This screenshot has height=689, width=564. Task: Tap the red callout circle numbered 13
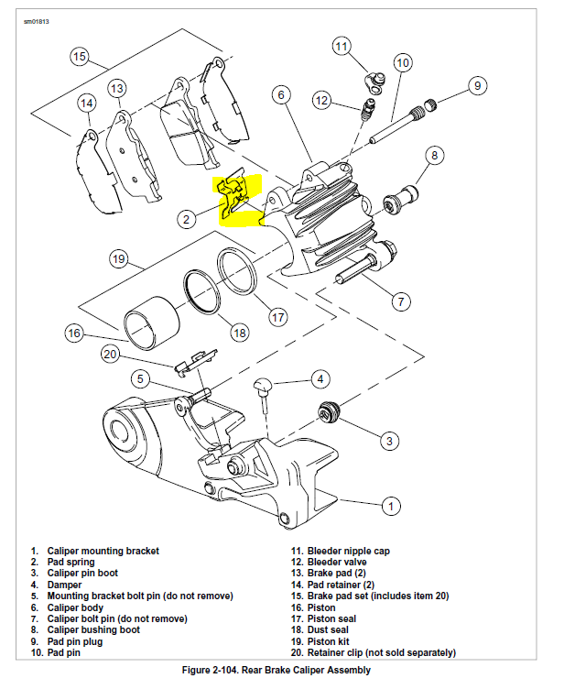(116, 89)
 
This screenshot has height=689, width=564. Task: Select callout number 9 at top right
(476, 86)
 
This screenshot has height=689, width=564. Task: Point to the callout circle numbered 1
(390, 505)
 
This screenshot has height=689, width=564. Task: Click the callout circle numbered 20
(111, 355)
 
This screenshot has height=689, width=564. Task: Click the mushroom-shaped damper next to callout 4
(264, 386)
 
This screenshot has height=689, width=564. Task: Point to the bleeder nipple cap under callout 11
(374, 81)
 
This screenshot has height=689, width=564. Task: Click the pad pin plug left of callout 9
(431, 103)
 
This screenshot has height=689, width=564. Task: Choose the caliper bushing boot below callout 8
(404, 194)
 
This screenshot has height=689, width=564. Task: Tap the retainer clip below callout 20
(195, 361)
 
